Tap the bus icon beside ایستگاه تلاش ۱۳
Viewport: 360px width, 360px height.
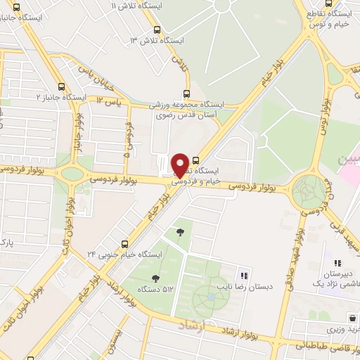pyautogui.click(x=157, y=30)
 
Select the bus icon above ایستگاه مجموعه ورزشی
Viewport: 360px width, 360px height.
pyautogui.click(x=186, y=93)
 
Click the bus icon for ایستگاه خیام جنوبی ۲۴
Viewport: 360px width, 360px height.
pyautogui.click(x=124, y=243)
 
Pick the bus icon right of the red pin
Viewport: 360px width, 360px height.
pyautogui.click(x=195, y=160)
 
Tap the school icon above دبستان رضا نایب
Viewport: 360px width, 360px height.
pyautogui.click(x=244, y=276)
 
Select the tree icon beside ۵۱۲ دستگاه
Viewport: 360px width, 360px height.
pyautogui.click(x=155, y=278)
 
